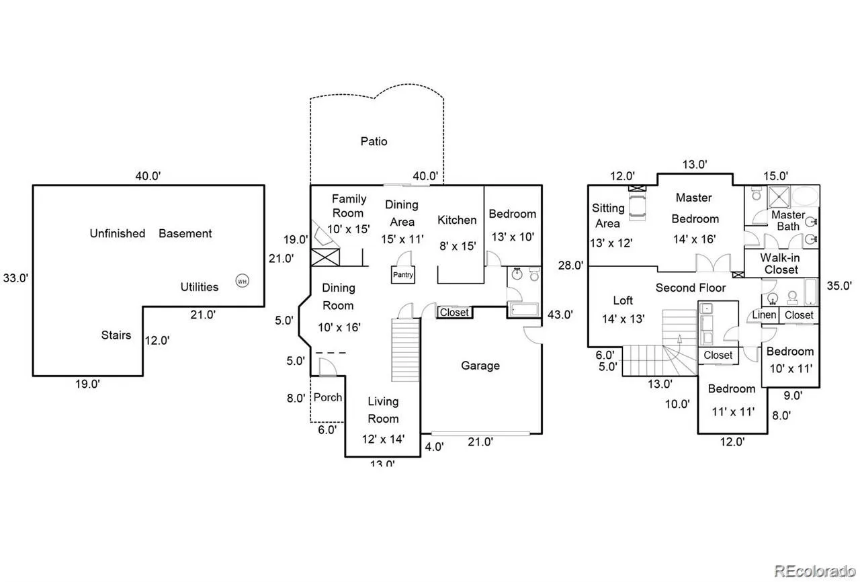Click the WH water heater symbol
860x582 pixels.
pyautogui.click(x=242, y=281)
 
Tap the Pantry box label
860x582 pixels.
pyautogui.click(x=403, y=275)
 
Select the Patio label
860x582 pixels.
pyautogui.click(x=374, y=141)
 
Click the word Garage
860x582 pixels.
pyautogui.click(x=480, y=366)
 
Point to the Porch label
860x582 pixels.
pyautogui.click(x=329, y=397)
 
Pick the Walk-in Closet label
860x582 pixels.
pyautogui.click(x=781, y=263)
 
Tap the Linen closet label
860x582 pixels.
pyautogui.click(x=764, y=315)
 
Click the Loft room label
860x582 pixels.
pyautogui.click(x=623, y=300)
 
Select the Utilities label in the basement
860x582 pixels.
pyautogui.click(x=199, y=287)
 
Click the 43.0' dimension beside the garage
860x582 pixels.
pyautogui.click(x=560, y=314)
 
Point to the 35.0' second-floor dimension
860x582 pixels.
pyautogui.click(x=839, y=284)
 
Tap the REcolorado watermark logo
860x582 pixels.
pyautogui.click(x=813, y=571)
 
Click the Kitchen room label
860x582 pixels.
pyautogui.click(x=457, y=220)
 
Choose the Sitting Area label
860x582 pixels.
pyautogui.click(x=607, y=216)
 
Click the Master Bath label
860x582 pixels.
pyautogui.click(x=787, y=220)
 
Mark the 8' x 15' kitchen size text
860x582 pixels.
pyautogui.click(x=457, y=246)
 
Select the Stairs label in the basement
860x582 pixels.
pyautogui.click(x=116, y=335)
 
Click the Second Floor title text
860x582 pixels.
pyautogui.click(x=691, y=288)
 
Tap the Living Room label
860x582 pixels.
pyautogui.click(x=383, y=410)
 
